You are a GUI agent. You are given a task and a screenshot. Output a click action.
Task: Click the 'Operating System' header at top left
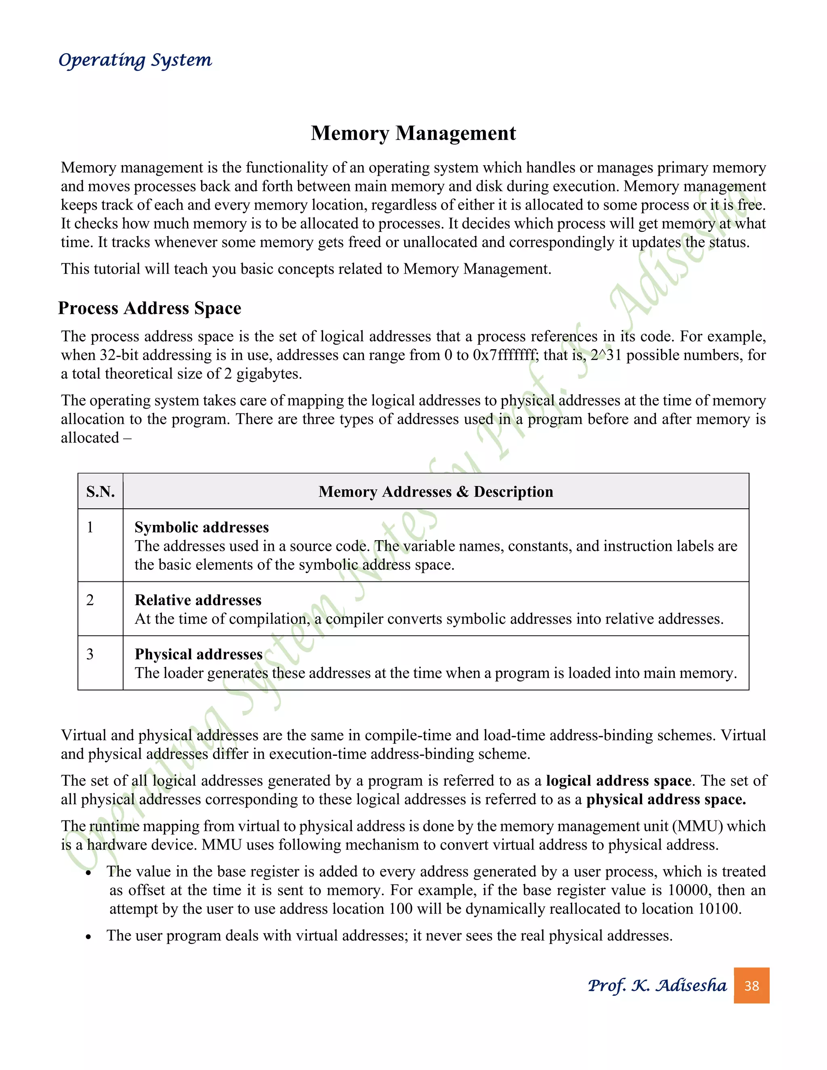click(x=135, y=60)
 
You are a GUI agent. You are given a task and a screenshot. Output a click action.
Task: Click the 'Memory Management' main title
click(x=413, y=133)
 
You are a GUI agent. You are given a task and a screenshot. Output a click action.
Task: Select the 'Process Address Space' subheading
click(x=149, y=308)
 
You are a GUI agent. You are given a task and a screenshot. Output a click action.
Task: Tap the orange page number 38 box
click(x=751, y=985)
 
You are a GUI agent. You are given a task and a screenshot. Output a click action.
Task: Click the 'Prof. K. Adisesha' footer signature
click(x=657, y=985)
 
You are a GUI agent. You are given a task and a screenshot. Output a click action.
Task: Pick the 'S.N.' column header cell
click(x=101, y=491)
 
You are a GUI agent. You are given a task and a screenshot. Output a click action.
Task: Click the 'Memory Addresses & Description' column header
click(x=436, y=491)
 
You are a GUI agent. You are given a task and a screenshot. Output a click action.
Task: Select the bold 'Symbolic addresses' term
click(x=202, y=527)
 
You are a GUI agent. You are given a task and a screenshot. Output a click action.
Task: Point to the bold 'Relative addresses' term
click(x=198, y=600)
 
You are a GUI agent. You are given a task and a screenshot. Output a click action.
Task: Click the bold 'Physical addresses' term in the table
click(x=198, y=654)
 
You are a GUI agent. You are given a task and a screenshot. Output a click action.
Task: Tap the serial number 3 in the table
click(x=90, y=654)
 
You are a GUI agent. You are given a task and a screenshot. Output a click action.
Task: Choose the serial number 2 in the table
click(x=90, y=600)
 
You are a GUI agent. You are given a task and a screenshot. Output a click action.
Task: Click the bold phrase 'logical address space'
click(x=618, y=780)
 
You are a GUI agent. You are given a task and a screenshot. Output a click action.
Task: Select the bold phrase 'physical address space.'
click(x=666, y=799)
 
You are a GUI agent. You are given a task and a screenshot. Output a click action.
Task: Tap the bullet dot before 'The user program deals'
click(x=88, y=937)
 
